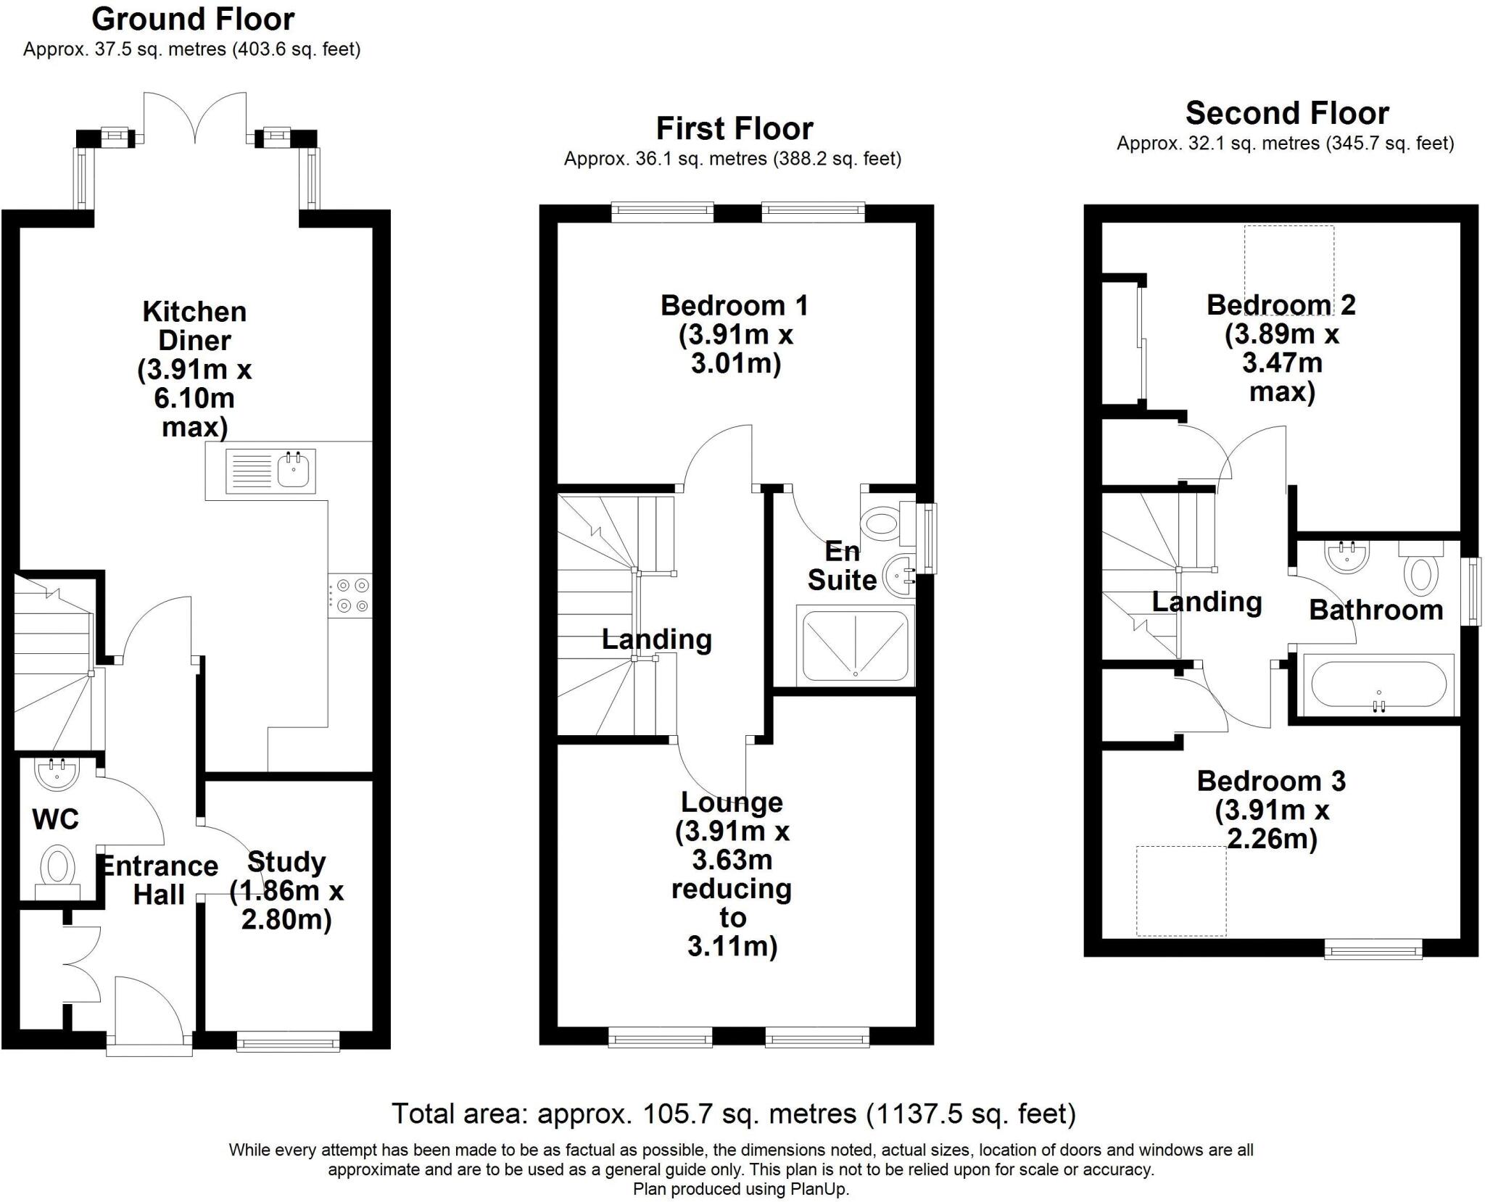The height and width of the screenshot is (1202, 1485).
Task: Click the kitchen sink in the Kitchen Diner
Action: coord(270,471)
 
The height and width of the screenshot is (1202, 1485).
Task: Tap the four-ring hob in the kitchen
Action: coord(351,595)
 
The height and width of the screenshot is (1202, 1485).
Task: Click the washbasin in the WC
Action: coord(57,774)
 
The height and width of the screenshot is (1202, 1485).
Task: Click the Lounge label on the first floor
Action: coord(732,803)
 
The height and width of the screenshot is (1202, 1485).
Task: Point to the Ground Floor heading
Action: coord(193,20)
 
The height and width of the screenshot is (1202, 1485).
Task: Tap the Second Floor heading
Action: coord(1287,113)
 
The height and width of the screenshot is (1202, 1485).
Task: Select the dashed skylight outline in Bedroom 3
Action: coord(1181,891)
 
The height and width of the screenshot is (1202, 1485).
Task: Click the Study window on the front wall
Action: coord(289,1043)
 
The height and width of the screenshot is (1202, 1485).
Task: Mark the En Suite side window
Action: coord(928,539)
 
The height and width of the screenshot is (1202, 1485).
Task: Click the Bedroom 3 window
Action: coord(1373,949)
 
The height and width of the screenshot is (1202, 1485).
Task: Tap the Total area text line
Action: coord(734,1113)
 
